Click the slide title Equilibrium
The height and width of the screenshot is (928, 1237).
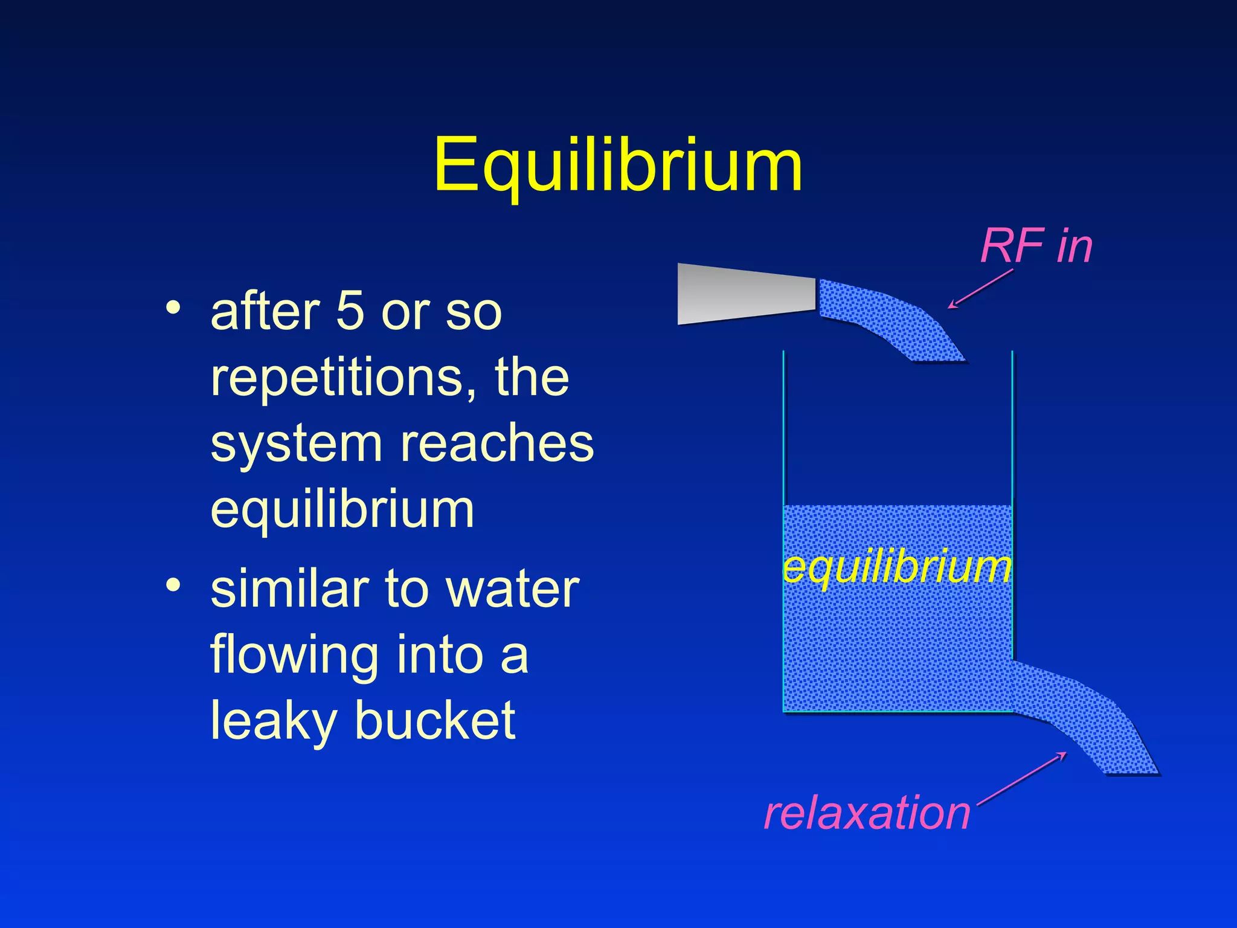[618, 165]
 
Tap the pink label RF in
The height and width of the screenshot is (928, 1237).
[1036, 246]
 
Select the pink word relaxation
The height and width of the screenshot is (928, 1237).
[867, 813]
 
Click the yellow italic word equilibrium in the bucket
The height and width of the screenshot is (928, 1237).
[897, 568]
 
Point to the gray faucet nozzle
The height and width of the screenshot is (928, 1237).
[746, 294]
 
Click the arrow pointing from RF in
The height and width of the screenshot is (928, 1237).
[980, 289]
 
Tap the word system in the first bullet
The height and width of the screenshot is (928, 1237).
[297, 444]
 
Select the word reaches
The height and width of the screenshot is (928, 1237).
[497, 444]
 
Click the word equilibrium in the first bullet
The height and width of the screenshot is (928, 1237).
[342, 511]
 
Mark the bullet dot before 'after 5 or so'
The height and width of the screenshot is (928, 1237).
[173, 308]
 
